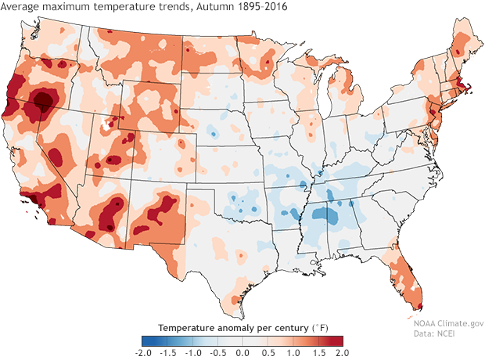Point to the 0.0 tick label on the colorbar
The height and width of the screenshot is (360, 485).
(241, 354)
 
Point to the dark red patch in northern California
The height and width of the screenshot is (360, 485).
(44, 100)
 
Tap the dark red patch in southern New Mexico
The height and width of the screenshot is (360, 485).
(167, 207)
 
